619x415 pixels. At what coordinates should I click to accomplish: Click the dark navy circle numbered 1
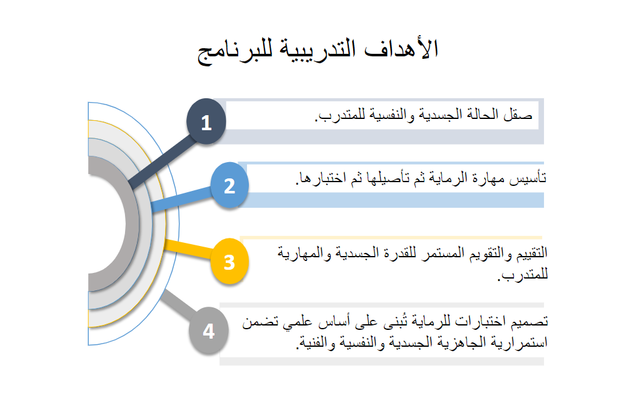click(x=206, y=121)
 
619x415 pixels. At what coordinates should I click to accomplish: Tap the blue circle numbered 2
click(x=229, y=185)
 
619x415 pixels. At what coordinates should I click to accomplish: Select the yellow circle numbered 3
click(x=229, y=261)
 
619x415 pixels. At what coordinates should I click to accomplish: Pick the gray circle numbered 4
click(x=209, y=330)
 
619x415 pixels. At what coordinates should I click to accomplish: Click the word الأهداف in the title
click(x=401, y=49)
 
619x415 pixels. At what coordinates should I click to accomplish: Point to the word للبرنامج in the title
click(x=235, y=51)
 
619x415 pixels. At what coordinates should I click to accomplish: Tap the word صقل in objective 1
click(x=518, y=115)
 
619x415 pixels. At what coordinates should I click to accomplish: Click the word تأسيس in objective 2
click(x=528, y=178)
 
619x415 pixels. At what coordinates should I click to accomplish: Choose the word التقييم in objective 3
click(x=528, y=252)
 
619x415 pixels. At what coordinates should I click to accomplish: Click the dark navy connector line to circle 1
click(x=162, y=162)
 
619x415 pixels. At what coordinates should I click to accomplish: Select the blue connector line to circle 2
click(x=181, y=199)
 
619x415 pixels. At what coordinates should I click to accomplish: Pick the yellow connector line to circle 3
click(x=188, y=248)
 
